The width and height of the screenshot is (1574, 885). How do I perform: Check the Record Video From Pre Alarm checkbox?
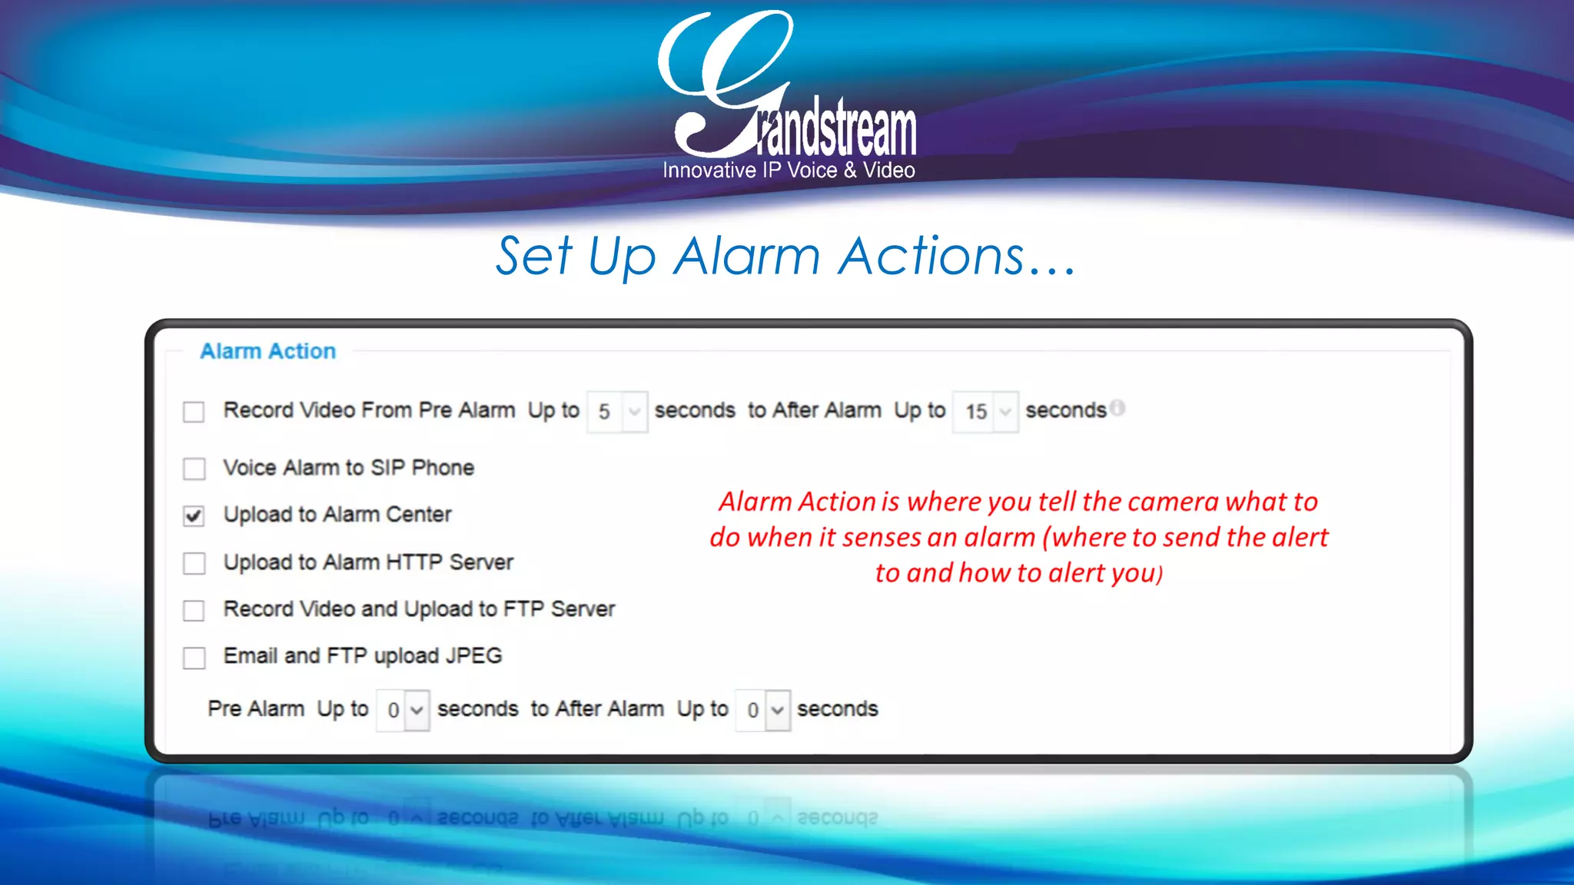click(x=194, y=412)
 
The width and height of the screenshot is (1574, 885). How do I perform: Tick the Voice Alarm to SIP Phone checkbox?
click(x=194, y=469)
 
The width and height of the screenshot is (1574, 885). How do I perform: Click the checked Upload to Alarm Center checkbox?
click(x=194, y=515)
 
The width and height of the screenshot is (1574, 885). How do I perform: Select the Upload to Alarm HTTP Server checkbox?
click(x=194, y=563)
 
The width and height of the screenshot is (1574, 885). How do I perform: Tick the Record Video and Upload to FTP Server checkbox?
click(x=194, y=610)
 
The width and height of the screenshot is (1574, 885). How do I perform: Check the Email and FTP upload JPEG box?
click(x=194, y=658)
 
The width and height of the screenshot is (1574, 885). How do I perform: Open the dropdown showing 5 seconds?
click(x=617, y=412)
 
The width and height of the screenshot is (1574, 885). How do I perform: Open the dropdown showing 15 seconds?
click(x=985, y=412)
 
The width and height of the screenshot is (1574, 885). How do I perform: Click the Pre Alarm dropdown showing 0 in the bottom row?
click(x=403, y=710)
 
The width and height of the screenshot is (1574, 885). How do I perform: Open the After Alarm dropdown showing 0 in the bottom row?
click(x=762, y=710)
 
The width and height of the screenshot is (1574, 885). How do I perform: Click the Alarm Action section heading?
click(x=267, y=351)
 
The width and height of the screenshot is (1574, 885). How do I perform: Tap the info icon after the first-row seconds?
click(x=1118, y=408)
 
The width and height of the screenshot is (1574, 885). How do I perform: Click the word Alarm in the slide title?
click(x=747, y=256)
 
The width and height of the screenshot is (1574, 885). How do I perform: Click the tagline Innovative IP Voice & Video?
click(x=789, y=170)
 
